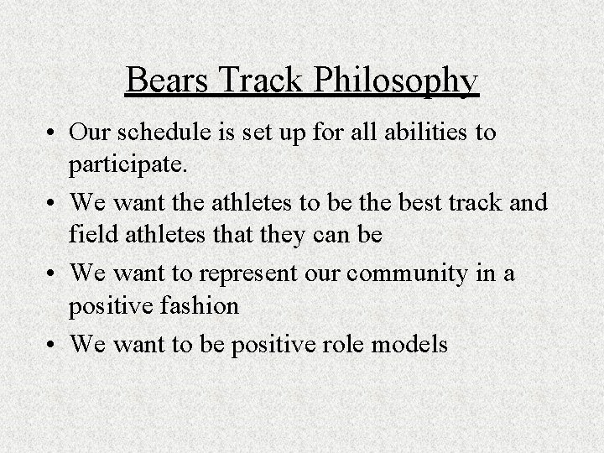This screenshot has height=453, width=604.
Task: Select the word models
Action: [416, 344]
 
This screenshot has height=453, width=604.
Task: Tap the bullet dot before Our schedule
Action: [51, 134]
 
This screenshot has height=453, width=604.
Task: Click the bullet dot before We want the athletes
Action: [51, 203]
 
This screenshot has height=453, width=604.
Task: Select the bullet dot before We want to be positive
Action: [51, 344]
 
